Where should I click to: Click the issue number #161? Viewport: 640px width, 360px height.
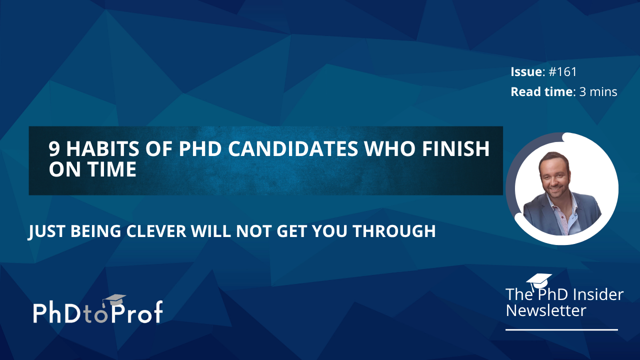[x=562, y=71]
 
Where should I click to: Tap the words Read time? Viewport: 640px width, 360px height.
[x=541, y=91]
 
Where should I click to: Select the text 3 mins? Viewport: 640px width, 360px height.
[x=598, y=91]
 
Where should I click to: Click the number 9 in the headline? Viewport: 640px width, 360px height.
[x=53, y=148]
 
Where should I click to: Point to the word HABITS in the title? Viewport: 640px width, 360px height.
[x=102, y=148]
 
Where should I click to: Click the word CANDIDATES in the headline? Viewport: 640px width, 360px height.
[x=293, y=148]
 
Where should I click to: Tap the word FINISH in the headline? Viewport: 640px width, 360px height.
[x=455, y=148]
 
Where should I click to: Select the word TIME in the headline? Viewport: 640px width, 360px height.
[x=112, y=169]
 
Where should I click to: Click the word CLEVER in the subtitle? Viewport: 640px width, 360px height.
[x=156, y=231]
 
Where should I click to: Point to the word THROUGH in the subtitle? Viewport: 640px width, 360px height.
[x=394, y=231]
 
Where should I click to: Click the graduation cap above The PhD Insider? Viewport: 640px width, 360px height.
[x=539, y=281]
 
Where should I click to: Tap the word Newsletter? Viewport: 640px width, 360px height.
[x=546, y=310]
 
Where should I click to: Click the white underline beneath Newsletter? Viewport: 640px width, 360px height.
[x=561, y=329]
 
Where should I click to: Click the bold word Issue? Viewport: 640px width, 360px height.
[x=526, y=71]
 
